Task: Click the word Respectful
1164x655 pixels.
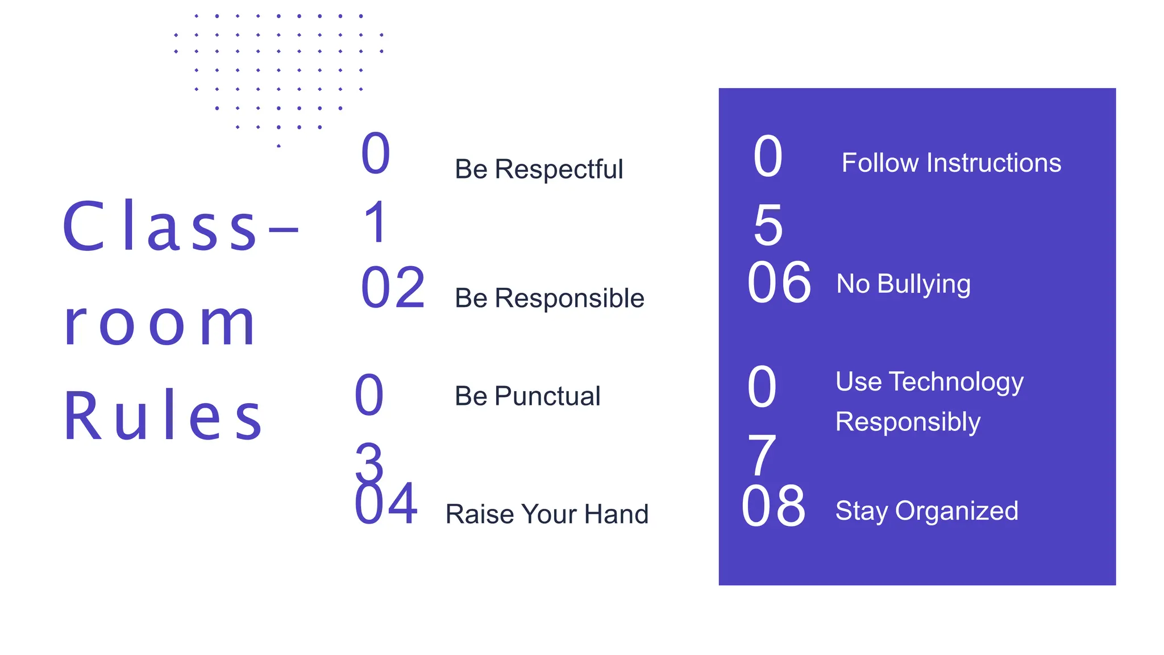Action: coord(559,169)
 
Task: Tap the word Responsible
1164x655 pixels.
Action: coord(569,299)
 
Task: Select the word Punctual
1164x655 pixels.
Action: coord(547,396)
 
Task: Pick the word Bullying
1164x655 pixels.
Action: coord(924,284)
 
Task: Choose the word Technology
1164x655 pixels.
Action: coord(956,382)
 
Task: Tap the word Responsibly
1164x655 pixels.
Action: coord(908,422)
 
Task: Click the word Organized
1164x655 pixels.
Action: coord(957,511)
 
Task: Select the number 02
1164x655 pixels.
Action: coord(393,288)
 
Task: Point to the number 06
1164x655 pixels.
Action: coord(779,283)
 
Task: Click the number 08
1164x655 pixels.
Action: coord(774,506)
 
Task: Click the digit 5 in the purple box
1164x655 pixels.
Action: coord(768,226)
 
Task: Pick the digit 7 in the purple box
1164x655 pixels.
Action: coord(762,455)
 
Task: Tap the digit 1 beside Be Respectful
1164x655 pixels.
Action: coord(376,223)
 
